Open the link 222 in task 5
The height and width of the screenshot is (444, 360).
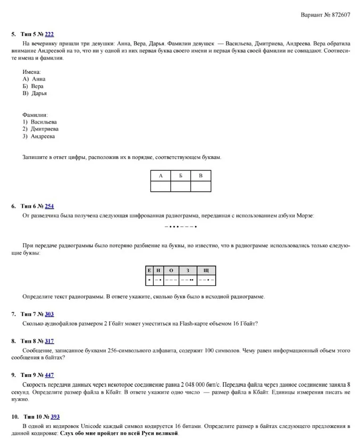coord(50,34)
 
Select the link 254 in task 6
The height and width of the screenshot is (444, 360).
coord(50,206)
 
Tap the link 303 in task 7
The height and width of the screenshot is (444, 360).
coord(50,314)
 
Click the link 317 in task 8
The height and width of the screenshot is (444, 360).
coord(50,341)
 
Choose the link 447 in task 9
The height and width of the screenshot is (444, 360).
coord(50,375)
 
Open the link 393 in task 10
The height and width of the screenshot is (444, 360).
coord(55,417)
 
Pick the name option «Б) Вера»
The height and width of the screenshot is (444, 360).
coord(33,86)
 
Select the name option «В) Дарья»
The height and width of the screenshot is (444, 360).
coord(34,93)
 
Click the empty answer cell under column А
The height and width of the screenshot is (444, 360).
coord(160,186)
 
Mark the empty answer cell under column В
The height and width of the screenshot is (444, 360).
coord(201,186)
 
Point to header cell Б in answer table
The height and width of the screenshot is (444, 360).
coord(180,176)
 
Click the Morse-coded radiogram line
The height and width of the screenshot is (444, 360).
coord(180,227)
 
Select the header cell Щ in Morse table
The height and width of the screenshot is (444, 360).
coord(206,270)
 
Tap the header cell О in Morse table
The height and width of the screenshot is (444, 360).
coord(171,270)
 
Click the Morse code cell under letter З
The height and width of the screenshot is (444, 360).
coord(188,280)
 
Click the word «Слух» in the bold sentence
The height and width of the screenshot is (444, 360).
coord(67,433)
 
